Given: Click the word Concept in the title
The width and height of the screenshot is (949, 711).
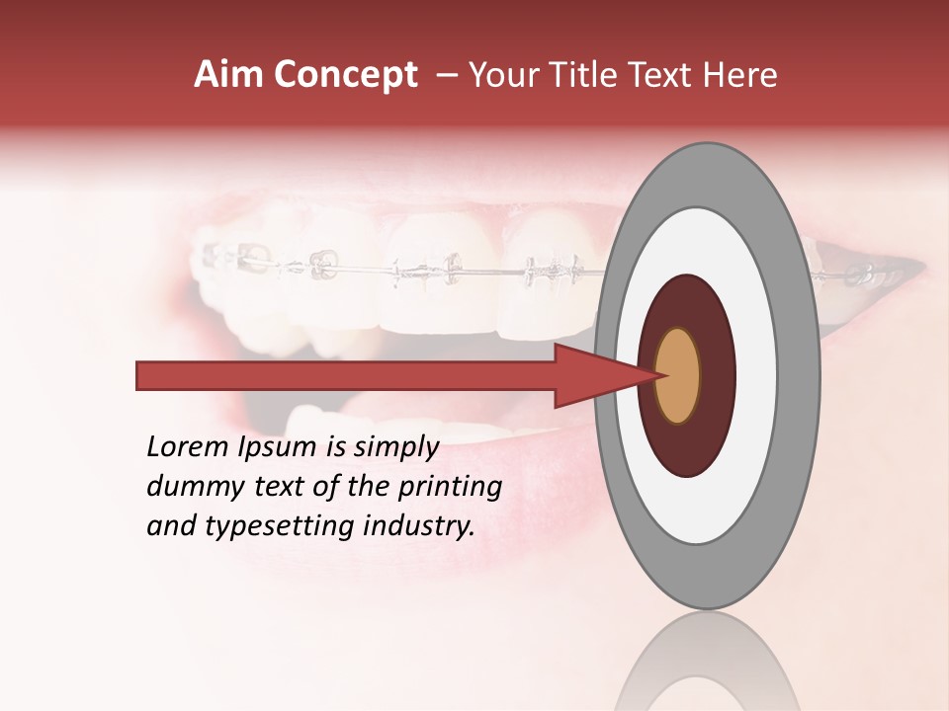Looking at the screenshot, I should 345,75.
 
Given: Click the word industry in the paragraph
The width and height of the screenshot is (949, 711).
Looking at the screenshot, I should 419,526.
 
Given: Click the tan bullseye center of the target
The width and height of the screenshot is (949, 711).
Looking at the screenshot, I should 677,375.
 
